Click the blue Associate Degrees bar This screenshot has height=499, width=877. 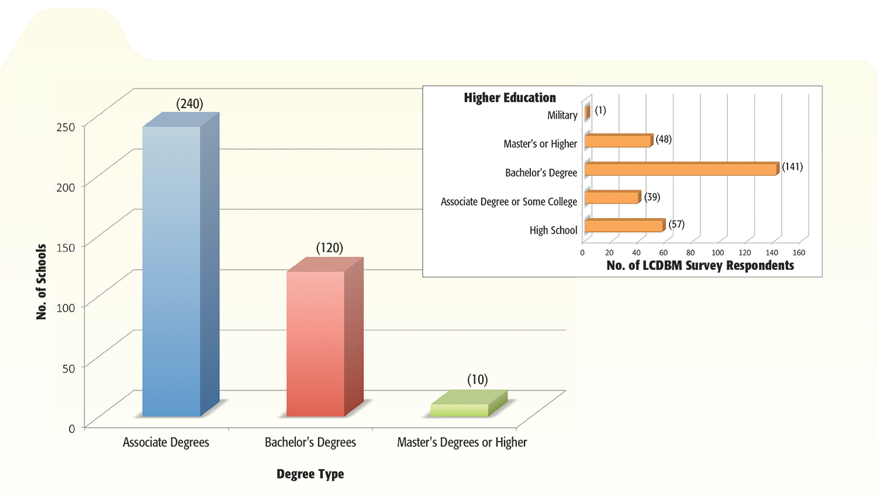[x=171, y=272]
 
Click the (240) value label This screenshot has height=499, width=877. [x=189, y=104]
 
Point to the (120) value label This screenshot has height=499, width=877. [x=329, y=248]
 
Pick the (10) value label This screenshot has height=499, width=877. [x=477, y=380]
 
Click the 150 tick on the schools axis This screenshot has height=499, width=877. [x=66, y=247]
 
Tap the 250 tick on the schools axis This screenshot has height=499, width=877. [x=66, y=127]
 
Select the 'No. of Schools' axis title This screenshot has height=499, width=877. [x=41, y=282]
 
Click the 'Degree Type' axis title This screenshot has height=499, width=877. [x=310, y=474]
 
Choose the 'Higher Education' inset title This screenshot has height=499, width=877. [x=510, y=98]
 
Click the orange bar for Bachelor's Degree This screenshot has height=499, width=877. [x=681, y=169]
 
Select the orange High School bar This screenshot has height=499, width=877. [x=624, y=226]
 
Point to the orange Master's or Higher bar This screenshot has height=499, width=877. [x=617, y=141]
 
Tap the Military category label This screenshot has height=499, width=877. [x=562, y=115]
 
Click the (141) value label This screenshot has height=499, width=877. [x=792, y=167]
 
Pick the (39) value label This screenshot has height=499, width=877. [x=652, y=197]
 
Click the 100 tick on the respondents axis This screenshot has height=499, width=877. [x=717, y=252]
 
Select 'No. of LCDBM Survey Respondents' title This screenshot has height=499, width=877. [x=700, y=266]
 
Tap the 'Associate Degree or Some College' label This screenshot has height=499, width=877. [x=509, y=202]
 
